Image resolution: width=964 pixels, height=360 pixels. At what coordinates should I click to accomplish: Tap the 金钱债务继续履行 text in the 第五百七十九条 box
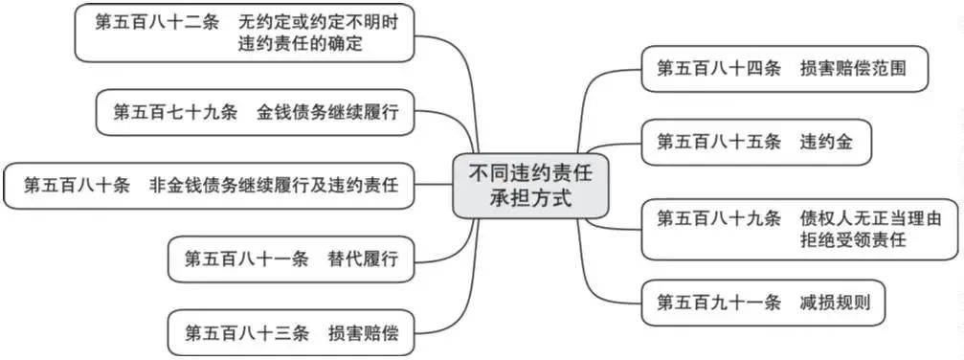point(334,113)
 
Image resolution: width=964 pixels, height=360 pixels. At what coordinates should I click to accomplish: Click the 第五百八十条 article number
point(77,185)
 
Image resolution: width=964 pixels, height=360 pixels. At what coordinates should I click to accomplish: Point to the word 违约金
point(826,142)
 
